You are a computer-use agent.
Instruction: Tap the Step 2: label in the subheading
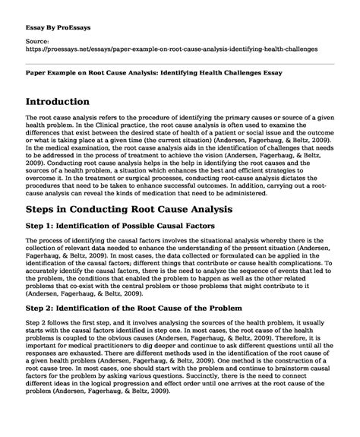pos(48,331)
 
